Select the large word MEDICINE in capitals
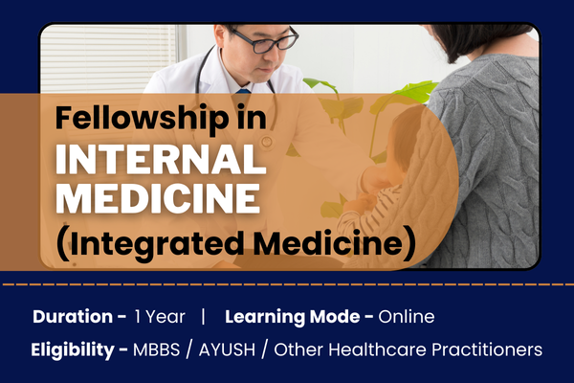[157, 199]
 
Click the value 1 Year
[156, 317]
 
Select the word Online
[407, 317]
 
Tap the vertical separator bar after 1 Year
[203, 317]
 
